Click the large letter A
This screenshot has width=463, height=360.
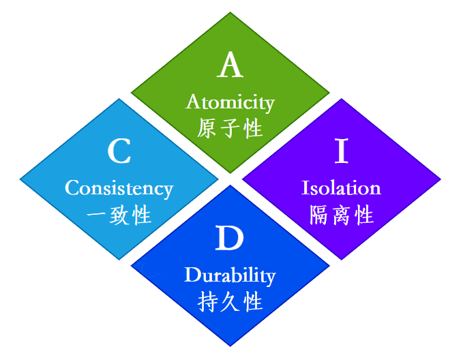point(230,66)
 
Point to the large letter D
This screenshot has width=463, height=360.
point(230,240)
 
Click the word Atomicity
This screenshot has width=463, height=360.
point(230,103)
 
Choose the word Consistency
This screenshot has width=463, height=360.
point(119,187)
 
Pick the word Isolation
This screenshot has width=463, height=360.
point(341,187)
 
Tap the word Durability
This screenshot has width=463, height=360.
point(230,275)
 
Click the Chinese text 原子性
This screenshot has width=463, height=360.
point(230,128)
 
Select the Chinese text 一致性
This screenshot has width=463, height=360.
point(119,215)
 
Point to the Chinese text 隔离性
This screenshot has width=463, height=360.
point(341,215)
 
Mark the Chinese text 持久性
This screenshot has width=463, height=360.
point(230,301)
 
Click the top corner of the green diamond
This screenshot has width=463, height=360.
point(230,14)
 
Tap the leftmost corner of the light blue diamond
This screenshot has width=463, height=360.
point(21,179)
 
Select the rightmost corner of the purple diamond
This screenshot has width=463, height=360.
point(440,179)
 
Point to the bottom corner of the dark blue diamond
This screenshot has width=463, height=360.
point(230,345)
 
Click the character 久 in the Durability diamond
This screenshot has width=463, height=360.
point(230,301)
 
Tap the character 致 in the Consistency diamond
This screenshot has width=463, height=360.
point(119,215)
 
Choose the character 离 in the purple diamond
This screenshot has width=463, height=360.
point(341,215)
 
